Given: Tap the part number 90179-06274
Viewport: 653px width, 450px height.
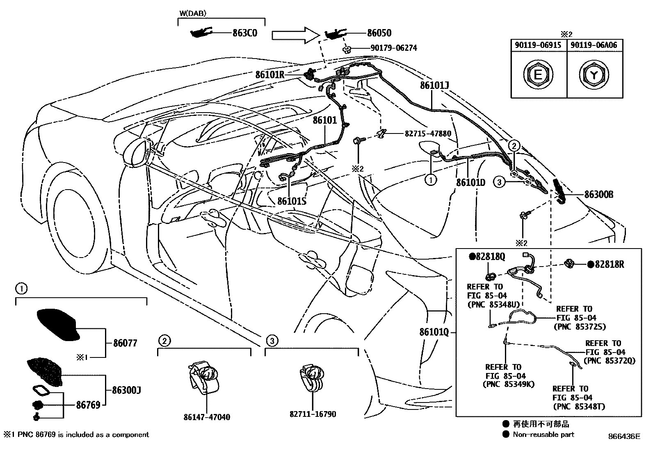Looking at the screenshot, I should pos(393,48).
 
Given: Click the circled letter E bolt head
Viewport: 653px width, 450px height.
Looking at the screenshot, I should pos(539,75).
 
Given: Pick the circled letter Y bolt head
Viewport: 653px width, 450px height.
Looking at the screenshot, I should pos(595,75).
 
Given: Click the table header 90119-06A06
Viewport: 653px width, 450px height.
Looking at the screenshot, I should pos(595,45).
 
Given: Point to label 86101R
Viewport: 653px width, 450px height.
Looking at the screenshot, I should pos(269,75).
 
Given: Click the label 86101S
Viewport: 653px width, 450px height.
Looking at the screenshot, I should pos(292,201).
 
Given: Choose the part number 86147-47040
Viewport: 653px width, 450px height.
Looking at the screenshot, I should pos(207,417).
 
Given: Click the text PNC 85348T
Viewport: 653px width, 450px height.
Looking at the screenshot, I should pos(578,407).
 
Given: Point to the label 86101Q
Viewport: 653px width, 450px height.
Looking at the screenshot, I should pos(434,332).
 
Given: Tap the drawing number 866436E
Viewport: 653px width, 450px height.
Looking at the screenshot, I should pos(623,436).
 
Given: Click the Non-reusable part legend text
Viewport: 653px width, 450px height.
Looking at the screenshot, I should pos(543,435).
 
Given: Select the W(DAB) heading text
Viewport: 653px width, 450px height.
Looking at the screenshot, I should pos(193,14).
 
